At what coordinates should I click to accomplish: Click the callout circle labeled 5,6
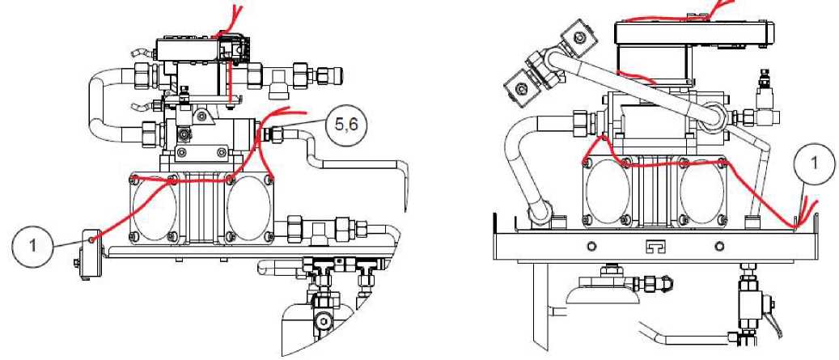[x=343, y=125]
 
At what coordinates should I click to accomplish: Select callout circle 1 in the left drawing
[x=32, y=244]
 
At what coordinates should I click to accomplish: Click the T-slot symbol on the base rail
[x=655, y=246]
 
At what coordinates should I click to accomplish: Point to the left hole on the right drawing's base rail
[x=591, y=246]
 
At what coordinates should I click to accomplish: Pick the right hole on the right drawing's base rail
[x=719, y=246]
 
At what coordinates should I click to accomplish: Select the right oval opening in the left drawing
[x=249, y=208]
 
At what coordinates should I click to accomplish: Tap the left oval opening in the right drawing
[x=608, y=188]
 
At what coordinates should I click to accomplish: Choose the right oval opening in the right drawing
[x=701, y=188]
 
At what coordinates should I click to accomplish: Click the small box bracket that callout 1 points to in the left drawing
[x=88, y=253]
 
